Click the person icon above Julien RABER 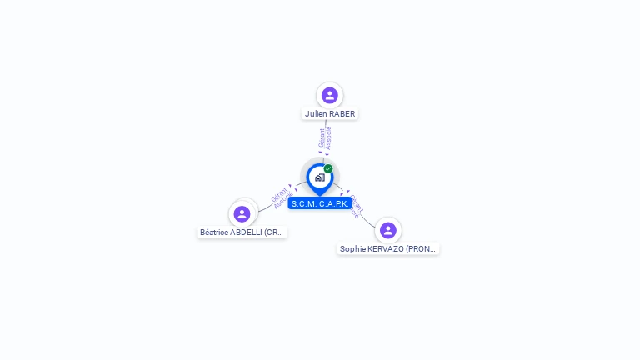330,95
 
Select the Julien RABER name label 330,114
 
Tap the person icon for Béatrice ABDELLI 242,214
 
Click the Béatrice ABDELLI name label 242,232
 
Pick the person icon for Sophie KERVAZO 387,230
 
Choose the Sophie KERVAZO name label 387,249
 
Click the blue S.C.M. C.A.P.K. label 320,204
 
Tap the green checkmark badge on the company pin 328,169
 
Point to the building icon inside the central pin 319,177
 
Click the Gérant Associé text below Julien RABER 325,138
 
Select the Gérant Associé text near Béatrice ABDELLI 282,197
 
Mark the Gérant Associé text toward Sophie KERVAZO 356,205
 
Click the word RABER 342,114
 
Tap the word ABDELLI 248,232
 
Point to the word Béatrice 216,232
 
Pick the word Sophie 353,249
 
